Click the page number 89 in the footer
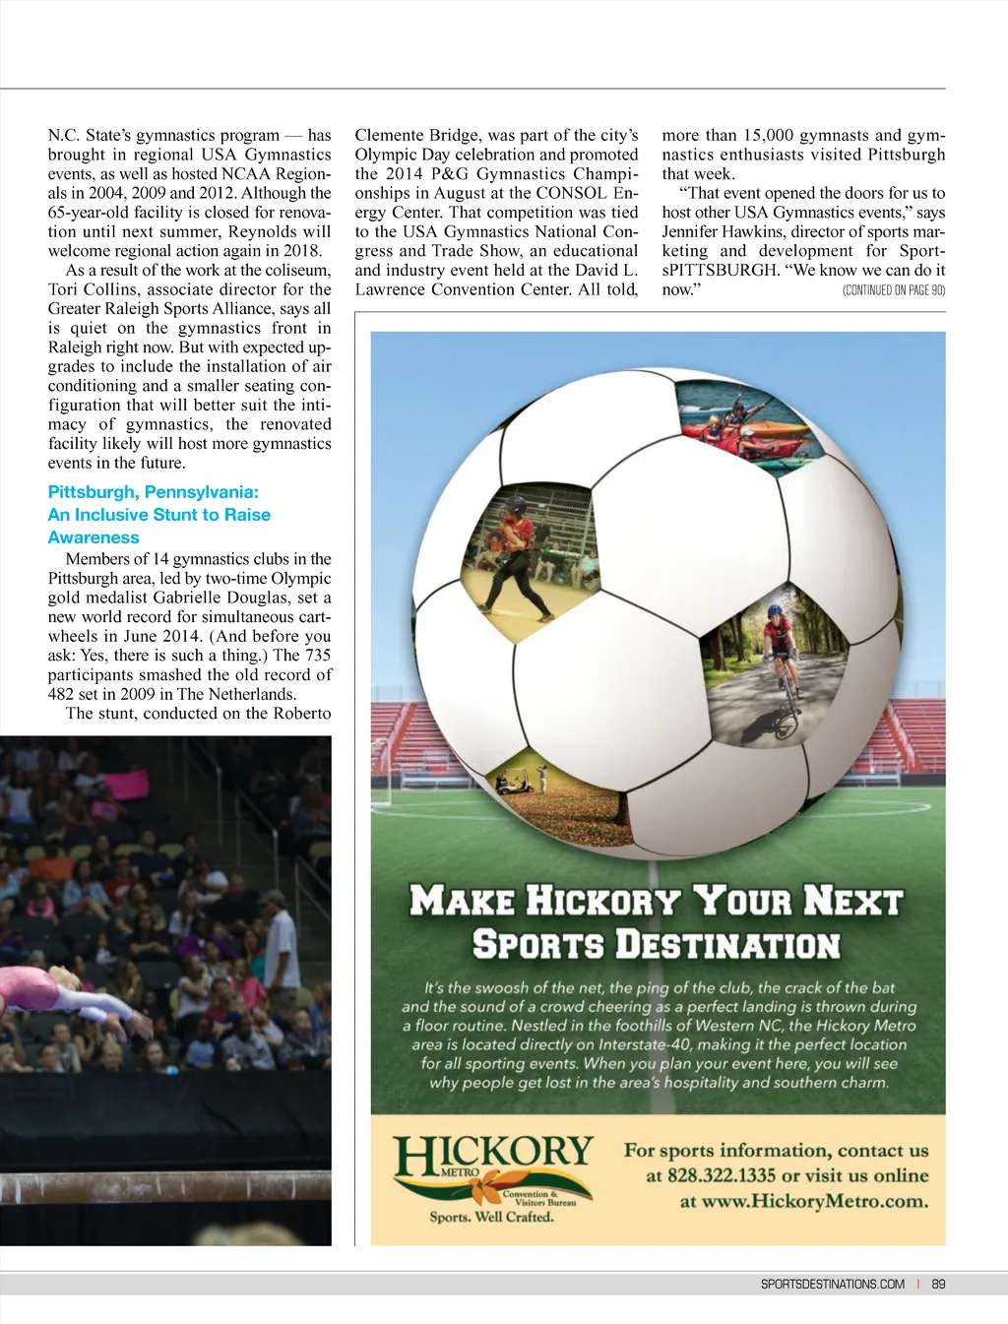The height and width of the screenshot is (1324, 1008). (x=938, y=1284)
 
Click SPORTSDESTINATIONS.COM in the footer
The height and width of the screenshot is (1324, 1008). (x=832, y=1284)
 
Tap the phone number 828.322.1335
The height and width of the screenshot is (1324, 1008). (x=721, y=1175)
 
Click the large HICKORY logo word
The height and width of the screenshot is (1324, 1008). (x=493, y=1154)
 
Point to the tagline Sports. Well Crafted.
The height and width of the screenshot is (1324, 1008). (x=491, y=1218)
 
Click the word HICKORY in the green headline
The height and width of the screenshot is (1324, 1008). (x=602, y=901)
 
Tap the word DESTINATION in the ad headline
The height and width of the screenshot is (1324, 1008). (x=727, y=945)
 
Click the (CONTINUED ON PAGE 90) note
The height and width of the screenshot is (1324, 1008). (x=893, y=290)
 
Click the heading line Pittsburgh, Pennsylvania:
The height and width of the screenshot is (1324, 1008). (x=153, y=492)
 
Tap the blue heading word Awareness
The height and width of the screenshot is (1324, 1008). (x=94, y=537)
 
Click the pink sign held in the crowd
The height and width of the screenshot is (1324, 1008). (x=128, y=785)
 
